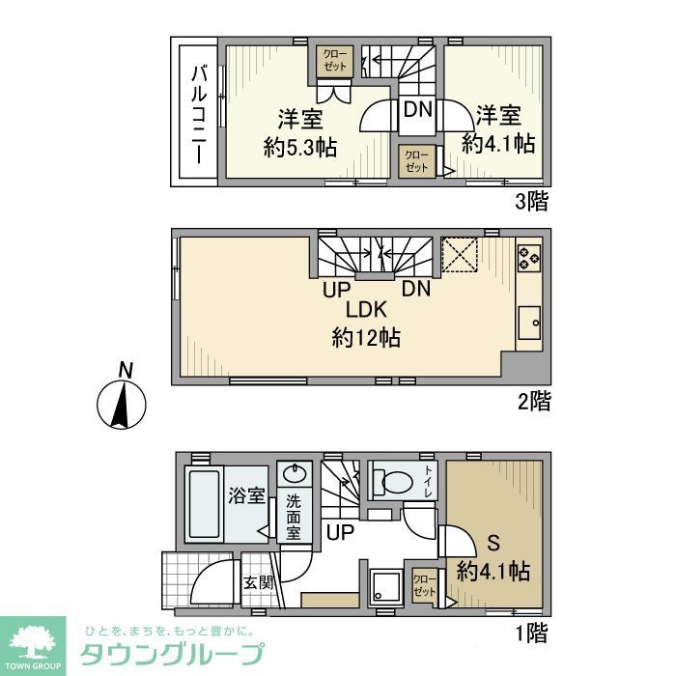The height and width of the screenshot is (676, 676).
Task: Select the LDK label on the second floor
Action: [367, 310]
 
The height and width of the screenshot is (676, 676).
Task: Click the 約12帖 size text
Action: [367, 338]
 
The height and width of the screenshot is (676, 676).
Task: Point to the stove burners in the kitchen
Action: [529, 257]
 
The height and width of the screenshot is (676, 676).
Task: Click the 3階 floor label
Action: [530, 202]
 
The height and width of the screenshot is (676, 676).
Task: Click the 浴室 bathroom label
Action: [247, 496]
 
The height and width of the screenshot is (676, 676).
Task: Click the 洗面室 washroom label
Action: [294, 518]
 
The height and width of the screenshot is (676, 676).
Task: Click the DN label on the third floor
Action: [417, 109]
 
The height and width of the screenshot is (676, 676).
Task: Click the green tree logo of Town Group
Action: [33, 643]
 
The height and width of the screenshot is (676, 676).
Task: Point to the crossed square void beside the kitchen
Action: [462, 255]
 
